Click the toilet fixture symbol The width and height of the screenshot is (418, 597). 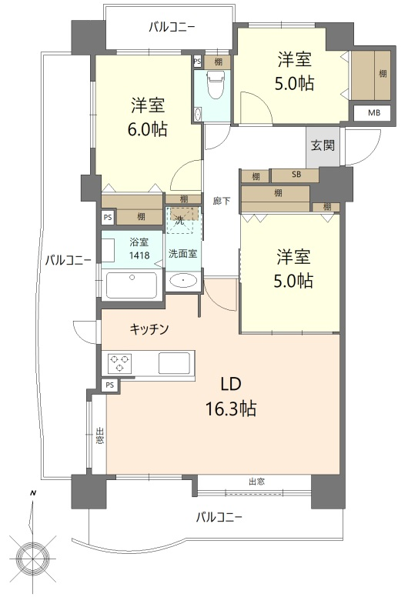tap(216, 85)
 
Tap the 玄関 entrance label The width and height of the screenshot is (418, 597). tap(323, 145)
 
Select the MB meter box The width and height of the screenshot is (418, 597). tap(373, 113)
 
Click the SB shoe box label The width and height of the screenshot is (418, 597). tap(296, 175)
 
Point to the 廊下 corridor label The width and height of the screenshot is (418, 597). tap(221, 201)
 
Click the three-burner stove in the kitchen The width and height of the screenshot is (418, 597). tap(119, 362)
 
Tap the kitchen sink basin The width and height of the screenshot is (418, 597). tap(174, 363)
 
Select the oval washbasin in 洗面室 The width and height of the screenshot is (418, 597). tap(183, 281)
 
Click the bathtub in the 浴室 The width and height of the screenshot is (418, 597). tap(132, 285)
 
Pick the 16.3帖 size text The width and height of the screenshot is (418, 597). tap(231, 409)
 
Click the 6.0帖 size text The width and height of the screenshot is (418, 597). tap(148, 129)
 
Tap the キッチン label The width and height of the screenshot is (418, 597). tap(149, 329)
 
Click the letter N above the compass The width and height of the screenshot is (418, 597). tap(33, 493)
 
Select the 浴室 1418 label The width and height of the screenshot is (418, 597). tap(139, 248)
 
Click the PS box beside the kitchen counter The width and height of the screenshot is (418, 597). tap(110, 385)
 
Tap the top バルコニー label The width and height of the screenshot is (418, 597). tap(172, 28)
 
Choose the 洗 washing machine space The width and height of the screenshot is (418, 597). tap(179, 220)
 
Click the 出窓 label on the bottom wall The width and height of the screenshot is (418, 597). tap(256, 482)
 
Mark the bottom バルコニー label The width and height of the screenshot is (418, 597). tap(219, 517)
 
